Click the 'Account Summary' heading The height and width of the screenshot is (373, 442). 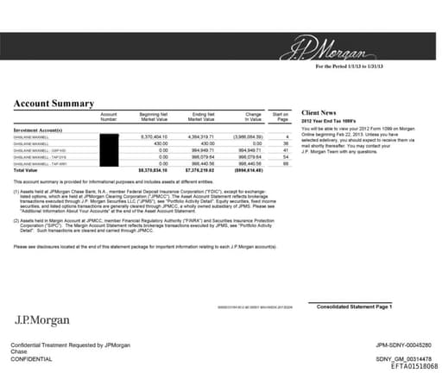[x=53, y=104]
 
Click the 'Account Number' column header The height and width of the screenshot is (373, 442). [x=108, y=117]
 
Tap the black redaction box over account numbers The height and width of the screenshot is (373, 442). [x=109, y=151]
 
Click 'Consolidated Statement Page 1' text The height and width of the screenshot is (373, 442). [x=355, y=307]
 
